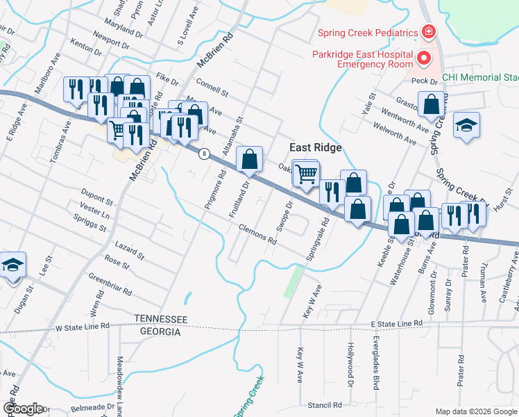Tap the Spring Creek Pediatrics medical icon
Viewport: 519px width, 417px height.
point(429,33)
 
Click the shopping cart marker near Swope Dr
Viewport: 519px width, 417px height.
point(305,174)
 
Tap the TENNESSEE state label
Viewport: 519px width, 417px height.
point(161,318)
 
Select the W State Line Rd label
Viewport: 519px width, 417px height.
point(83,326)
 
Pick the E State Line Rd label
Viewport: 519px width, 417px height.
point(396,324)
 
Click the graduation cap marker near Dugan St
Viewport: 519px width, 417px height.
point(12,265)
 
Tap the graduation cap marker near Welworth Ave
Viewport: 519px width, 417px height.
point(466,125)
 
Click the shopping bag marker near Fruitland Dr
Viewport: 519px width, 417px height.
point(249,159)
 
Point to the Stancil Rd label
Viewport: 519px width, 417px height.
point(325,404)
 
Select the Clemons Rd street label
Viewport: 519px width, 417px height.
point(257,236)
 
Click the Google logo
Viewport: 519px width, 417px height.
point(22,408)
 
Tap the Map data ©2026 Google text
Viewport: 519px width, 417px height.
point(476,411)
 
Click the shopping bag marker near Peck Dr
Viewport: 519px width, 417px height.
point(432,104)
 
